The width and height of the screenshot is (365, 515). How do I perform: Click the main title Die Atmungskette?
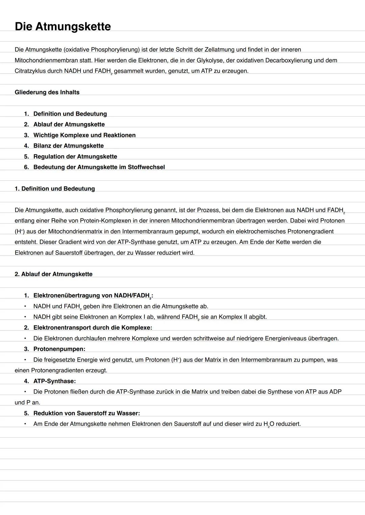[63, 26]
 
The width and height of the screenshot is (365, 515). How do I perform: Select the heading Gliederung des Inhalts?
[47, 92]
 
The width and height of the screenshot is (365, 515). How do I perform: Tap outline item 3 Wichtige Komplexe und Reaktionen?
[84, 135]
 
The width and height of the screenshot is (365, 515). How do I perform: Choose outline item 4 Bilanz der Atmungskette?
[68, 146]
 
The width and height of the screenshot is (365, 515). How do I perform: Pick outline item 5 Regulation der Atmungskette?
[75, 156]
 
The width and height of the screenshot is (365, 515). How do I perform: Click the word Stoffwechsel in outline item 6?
[146, 167]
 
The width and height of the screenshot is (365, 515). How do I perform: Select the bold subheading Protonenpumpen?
[59, 349]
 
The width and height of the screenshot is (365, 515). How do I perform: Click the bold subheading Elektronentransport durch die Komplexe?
[93, 327]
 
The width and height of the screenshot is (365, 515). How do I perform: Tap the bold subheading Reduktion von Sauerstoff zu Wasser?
[87, 413]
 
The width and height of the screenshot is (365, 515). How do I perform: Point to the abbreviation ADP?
[335, 392]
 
